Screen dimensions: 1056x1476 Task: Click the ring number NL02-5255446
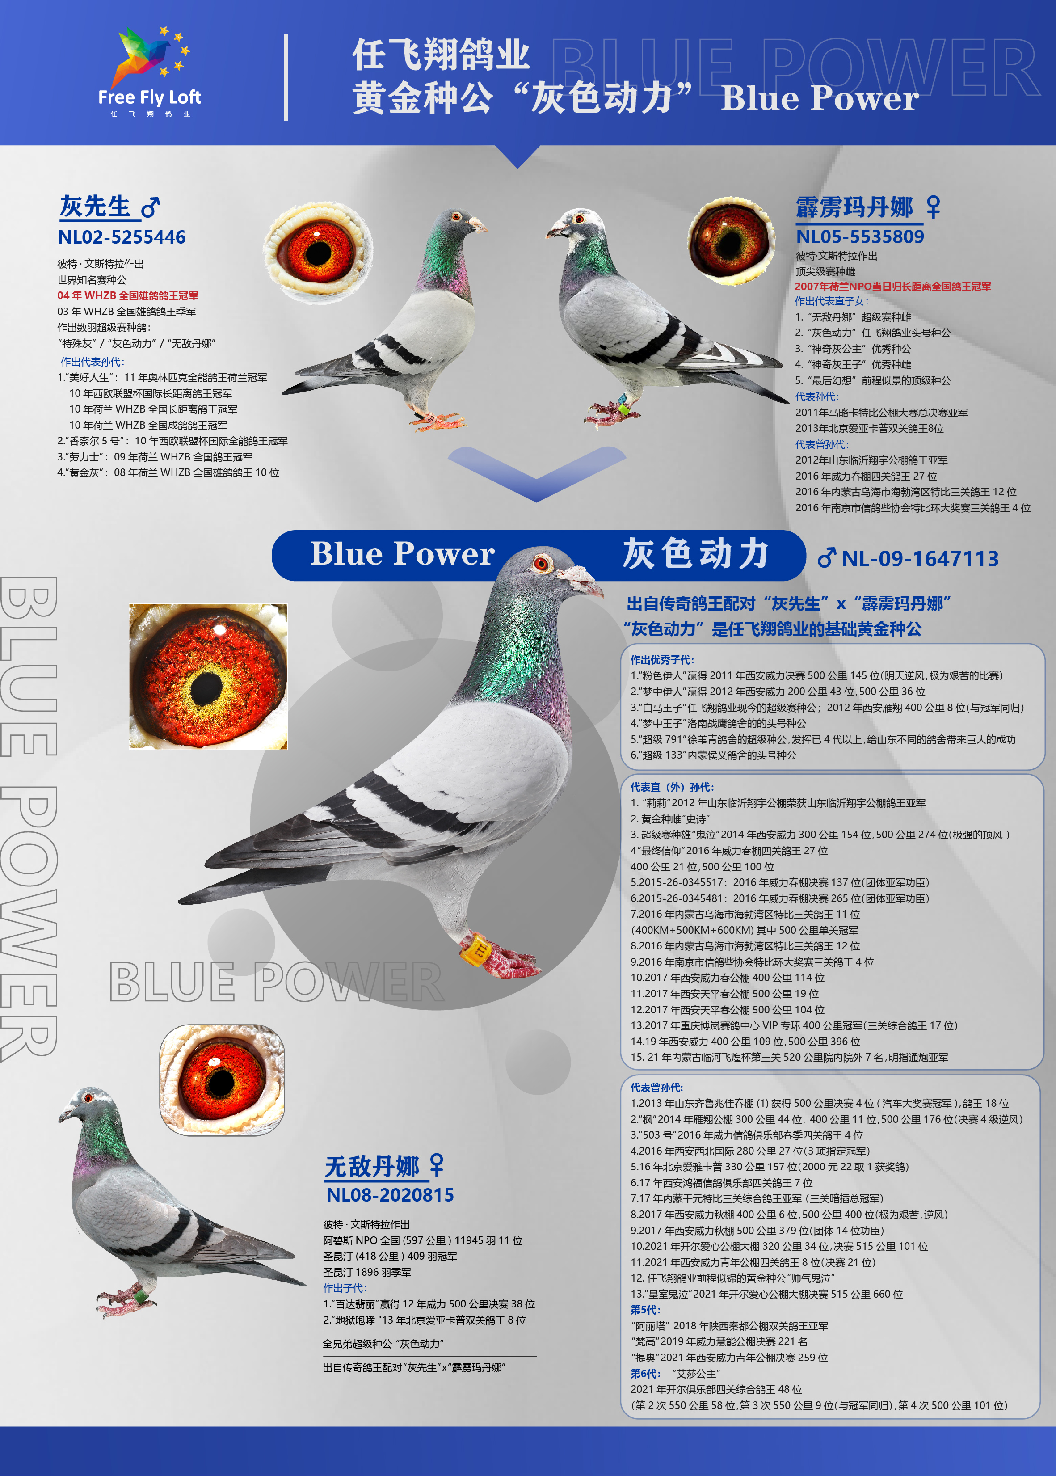[122, 237]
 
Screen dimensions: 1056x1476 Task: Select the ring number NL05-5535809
[860, 236]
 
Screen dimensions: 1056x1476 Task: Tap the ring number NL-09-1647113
[919, 559]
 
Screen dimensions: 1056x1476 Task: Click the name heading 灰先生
[95, 207]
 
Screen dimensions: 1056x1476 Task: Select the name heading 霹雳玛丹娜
[854, 207]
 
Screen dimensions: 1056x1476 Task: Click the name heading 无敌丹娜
[372, 1167]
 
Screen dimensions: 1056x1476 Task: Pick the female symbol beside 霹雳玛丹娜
[933, 207]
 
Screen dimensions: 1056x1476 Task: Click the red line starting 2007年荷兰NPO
[893, 287]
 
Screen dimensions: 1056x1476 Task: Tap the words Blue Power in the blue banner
[403, 554]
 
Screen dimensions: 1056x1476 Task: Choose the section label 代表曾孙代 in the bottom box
[657, 1087]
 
